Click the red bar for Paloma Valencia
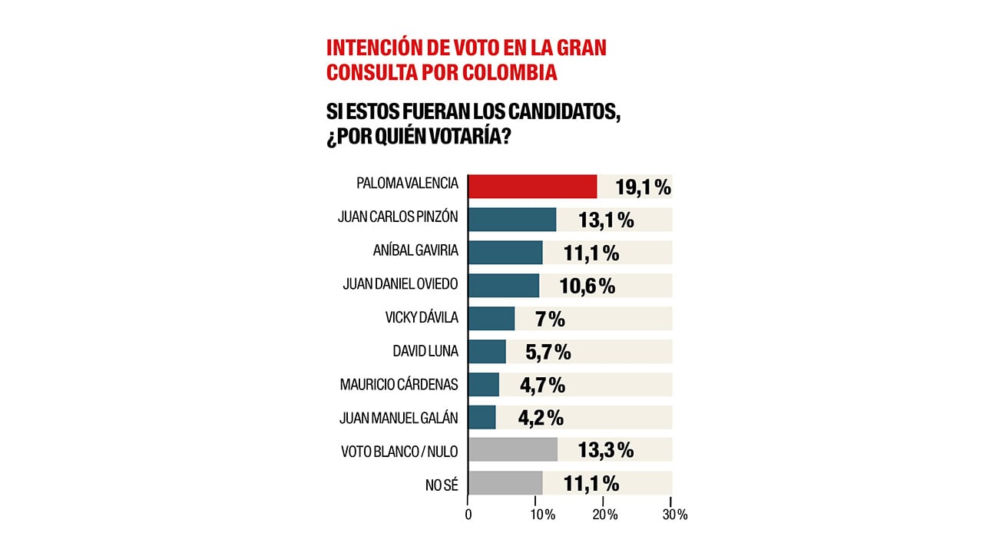tap(532, 187)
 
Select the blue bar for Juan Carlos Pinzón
tap(511, 220)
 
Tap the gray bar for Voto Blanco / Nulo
tap(512, 449)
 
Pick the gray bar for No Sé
tap(505, 482)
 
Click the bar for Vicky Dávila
tap(491, 318)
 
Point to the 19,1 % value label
tap(643, 187)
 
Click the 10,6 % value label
tap(587, 286)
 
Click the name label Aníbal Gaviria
tap(414, 252)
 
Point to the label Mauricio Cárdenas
tap(399, 384)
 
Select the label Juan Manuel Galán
tap(399, 418)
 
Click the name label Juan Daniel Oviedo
tap(400, 285)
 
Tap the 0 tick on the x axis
tap(468, 515)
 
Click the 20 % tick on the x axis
tap(604, 515)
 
